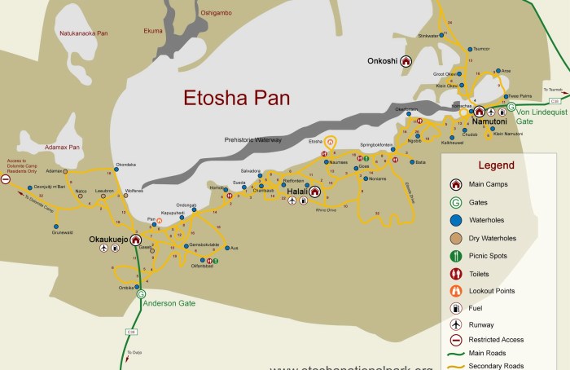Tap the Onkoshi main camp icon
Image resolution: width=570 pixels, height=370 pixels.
click(406, 60)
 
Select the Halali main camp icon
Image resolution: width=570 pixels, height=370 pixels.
click(313, 192)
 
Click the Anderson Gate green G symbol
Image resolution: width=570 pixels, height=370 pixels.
click(142, 294)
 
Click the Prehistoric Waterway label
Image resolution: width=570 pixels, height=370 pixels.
click(253, 140)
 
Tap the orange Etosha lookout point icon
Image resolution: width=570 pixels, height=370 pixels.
click(330, 141)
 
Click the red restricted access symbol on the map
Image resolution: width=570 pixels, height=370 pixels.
click(6, 178)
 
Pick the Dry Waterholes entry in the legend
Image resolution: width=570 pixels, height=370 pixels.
click(493, 238)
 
